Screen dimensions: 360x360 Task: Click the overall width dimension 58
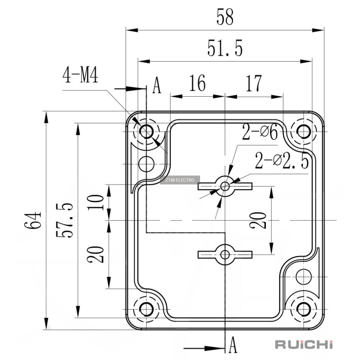click(225, 16)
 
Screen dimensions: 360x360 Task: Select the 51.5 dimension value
click(225, 49)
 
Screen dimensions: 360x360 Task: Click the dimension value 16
click(197, 83)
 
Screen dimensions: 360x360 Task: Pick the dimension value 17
click(254, 83)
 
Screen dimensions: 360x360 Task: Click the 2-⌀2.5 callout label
click(282, 161)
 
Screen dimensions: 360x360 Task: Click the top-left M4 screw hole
click(147, 131)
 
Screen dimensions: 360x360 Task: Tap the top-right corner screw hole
click(304, 131)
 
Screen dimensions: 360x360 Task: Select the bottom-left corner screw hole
click(147, 309)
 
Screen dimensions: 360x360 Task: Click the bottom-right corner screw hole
click(304, 309)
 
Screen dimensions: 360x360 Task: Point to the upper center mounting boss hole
click(225, 186)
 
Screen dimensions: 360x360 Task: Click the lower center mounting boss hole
click(225, 254)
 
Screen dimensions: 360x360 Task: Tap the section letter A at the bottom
click(232, 343)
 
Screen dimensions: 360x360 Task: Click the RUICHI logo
click(304, 344)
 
